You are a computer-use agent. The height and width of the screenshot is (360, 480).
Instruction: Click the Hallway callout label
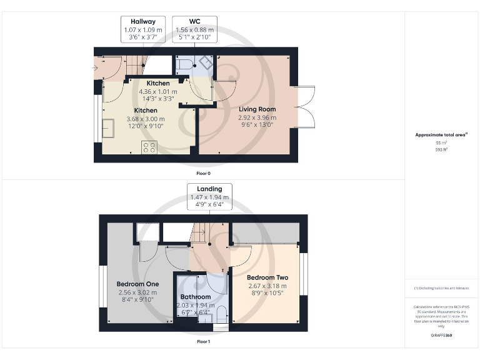point(143,29)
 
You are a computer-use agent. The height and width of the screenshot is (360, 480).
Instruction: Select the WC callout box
point(194,29)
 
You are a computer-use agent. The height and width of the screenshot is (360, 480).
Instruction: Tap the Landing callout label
point(210,196)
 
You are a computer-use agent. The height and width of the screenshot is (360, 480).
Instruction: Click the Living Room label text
point(257,109)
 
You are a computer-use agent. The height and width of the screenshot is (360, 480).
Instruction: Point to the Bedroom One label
point(137,284)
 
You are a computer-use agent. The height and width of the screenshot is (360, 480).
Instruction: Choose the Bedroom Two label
point(267,277)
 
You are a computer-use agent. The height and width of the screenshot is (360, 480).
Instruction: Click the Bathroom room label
point(195,297)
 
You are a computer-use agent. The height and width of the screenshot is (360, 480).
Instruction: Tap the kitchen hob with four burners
point(149,147)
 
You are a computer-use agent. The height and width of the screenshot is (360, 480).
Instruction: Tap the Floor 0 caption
point(203,173)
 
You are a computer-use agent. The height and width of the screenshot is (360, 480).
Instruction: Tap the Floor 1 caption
point(203,342)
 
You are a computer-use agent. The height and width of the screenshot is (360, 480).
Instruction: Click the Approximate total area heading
point(441,135)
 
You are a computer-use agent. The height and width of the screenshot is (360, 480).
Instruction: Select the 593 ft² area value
point(441,149)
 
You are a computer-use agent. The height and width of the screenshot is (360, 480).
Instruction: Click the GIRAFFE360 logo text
point(441,336)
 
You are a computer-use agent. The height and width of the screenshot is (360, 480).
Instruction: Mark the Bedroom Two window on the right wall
point(304,273)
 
